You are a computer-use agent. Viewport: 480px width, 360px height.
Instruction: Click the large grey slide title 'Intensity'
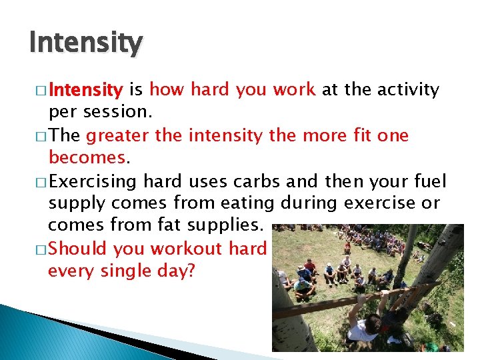(85, 43)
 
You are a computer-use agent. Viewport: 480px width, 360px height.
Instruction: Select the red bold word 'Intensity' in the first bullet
(85, 89)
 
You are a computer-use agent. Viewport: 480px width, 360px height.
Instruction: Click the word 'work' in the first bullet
(293, 89)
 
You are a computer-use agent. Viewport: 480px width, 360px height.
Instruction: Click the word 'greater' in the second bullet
(118, 136)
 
